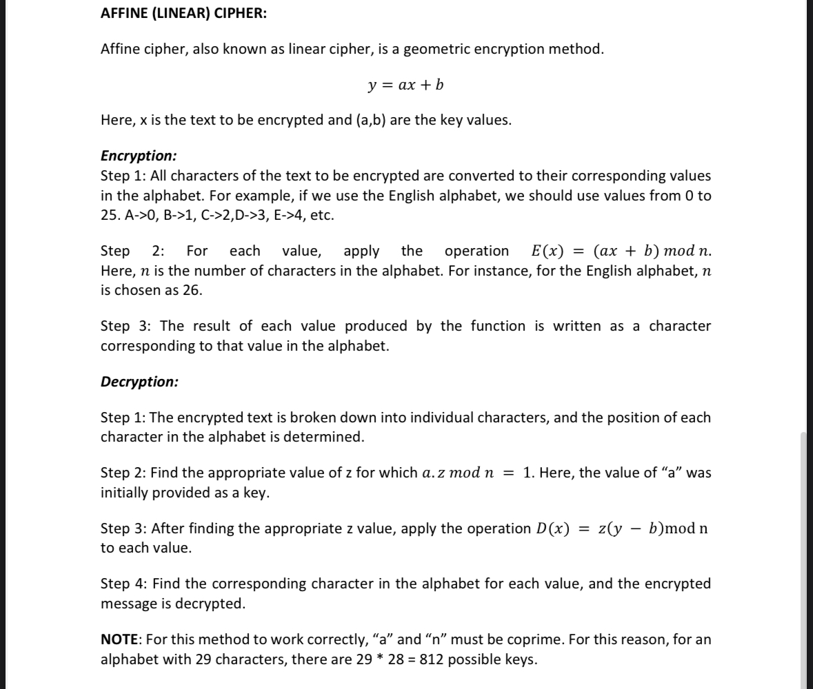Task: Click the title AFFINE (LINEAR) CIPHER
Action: click(181, 14)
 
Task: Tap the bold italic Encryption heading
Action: click(139, 156)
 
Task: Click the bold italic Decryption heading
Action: click(139, 381)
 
